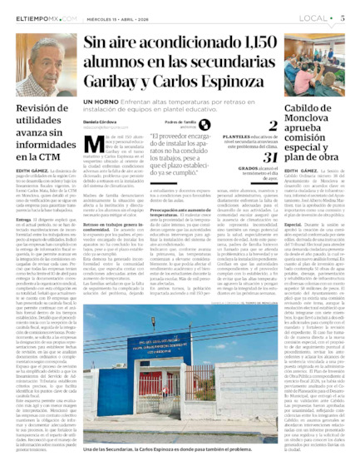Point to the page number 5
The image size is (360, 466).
point(342,17)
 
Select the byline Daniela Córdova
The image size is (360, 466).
point(100,122)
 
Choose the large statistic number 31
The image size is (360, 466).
point(269,157)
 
